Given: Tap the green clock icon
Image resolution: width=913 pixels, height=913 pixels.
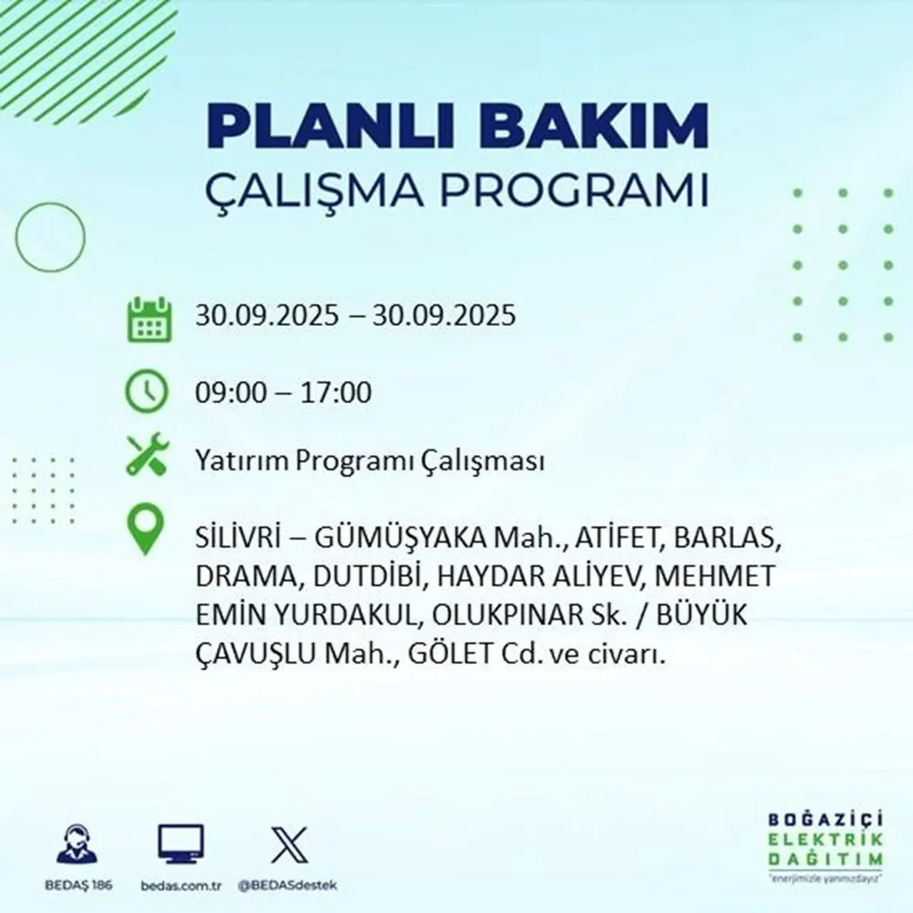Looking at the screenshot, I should point(146,393).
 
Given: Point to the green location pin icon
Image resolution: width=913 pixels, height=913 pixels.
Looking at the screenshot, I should point(145,531).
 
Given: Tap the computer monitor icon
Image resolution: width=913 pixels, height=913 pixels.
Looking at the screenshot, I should point(180,845).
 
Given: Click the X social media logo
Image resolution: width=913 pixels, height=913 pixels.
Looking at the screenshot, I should point(289,845).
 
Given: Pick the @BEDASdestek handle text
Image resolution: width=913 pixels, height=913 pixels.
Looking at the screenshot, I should point(287,885).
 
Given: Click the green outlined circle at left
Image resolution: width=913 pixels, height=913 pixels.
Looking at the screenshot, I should point(50,236).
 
